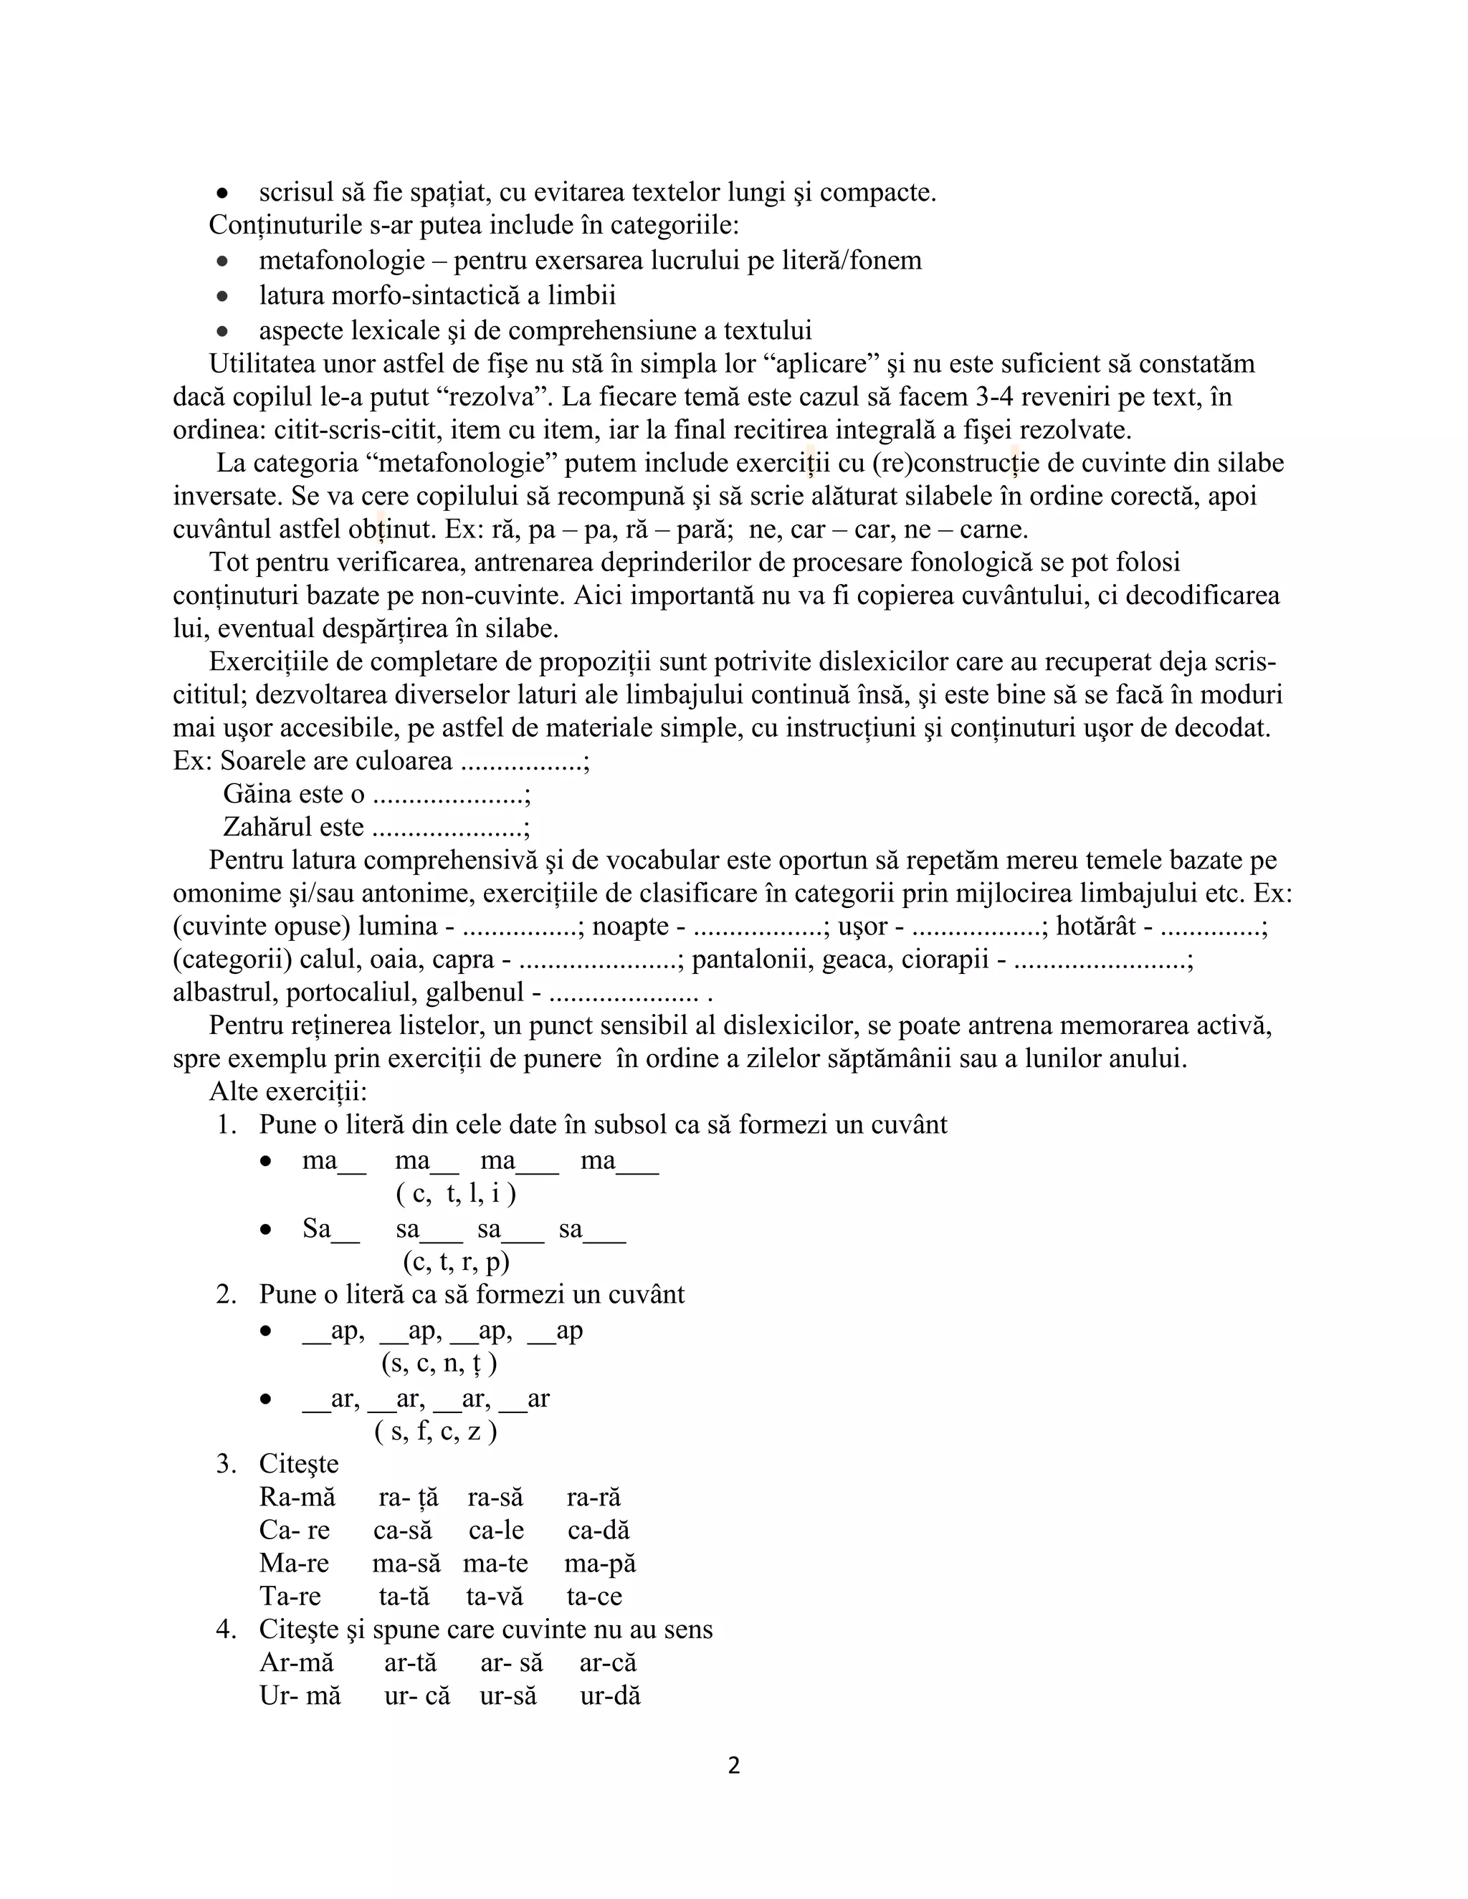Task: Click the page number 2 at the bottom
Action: click(x=733, y=1766)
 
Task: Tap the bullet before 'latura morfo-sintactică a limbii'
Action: click(x=223, y=296)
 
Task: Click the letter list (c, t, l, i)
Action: click(x=456, y=1193)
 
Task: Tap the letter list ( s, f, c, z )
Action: click(x=436, y=1430)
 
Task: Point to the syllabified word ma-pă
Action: click(x=600, y=1564)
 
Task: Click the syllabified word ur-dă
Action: click(x=611, y=1695)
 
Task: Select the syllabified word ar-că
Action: click(x=608, y=1663)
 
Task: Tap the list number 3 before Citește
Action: click(x=226, y=1464)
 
